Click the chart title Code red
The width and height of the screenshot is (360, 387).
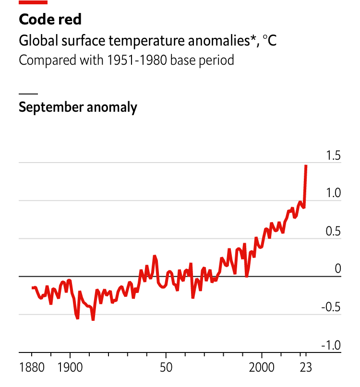tap(50, 19)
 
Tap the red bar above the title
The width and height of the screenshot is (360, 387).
tap(33, 2)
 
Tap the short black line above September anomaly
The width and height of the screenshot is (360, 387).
tap(28, 93)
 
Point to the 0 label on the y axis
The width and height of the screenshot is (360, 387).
tap(337, 269)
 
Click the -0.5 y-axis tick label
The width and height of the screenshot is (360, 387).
tap(330, 307)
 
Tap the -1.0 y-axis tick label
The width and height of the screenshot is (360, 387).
tap(330, 345)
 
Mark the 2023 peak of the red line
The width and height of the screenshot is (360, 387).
tap(306, 166)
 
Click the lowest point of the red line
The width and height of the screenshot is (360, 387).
tap(93, 319)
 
